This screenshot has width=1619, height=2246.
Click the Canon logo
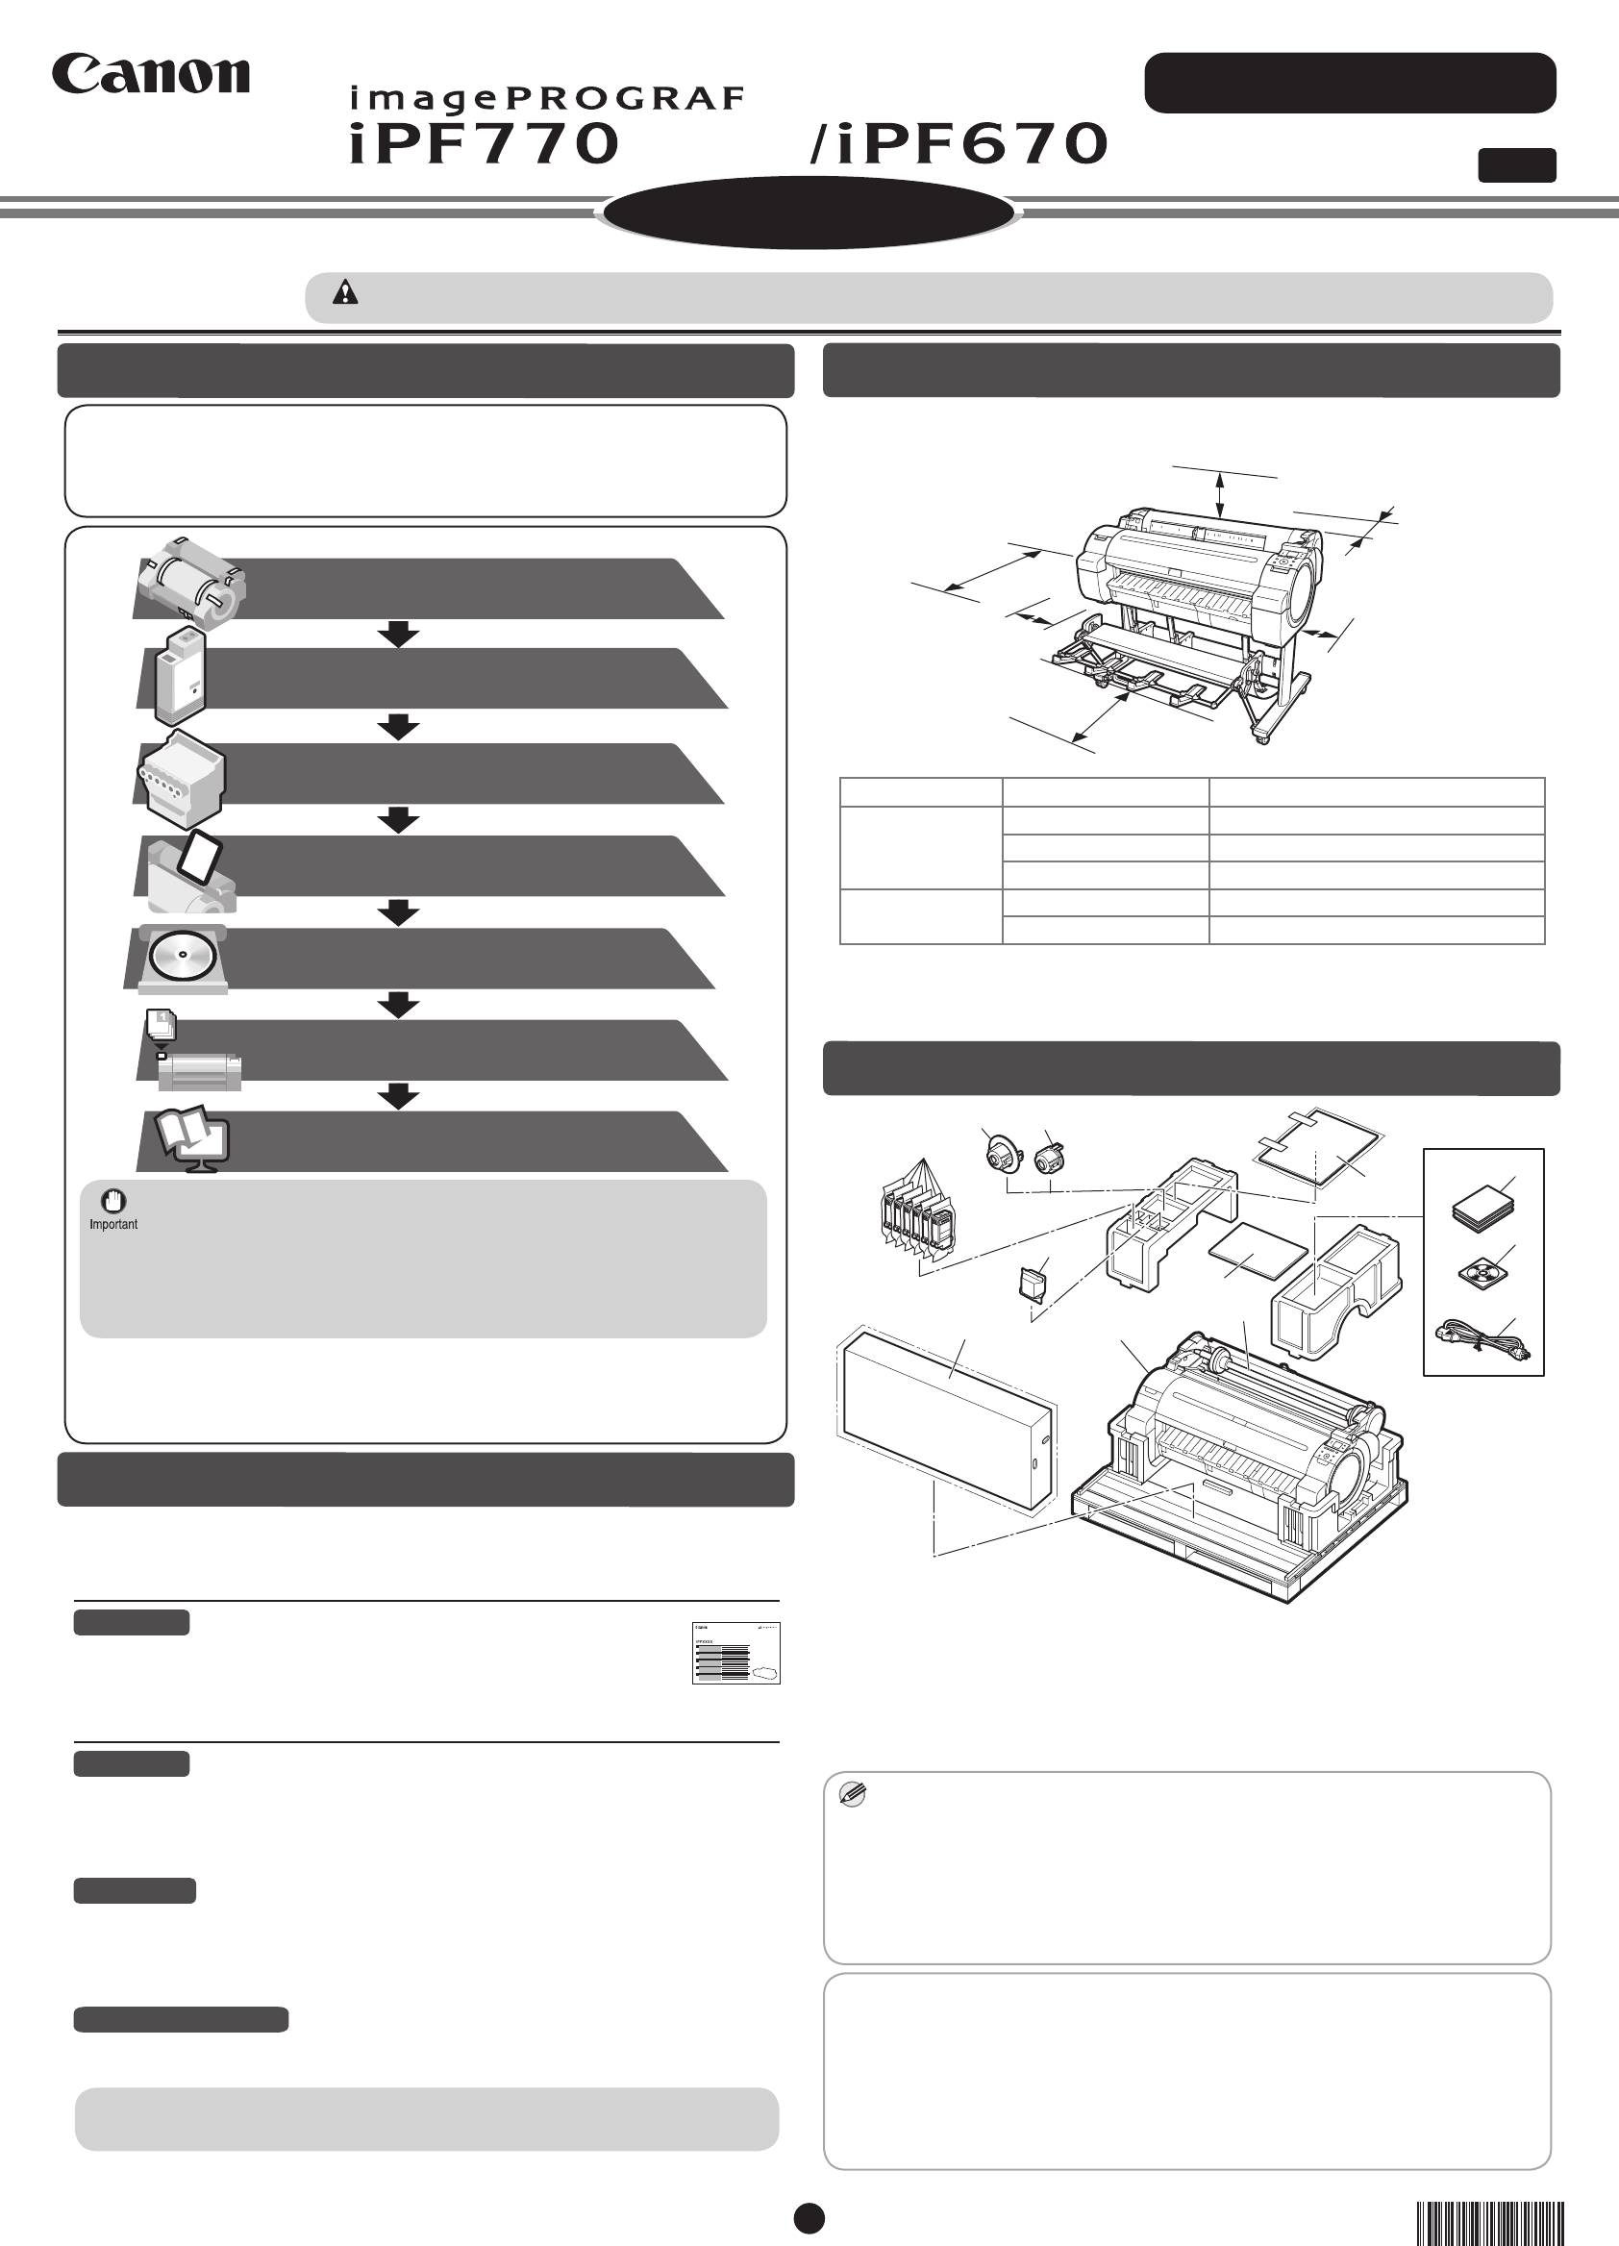pos(151,74)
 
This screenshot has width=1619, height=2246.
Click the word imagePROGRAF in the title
pos(547,99)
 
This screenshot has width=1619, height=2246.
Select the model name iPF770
pos(485,143)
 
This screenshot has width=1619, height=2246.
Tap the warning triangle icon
pos(344,292)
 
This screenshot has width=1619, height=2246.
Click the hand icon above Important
pos(113,1201)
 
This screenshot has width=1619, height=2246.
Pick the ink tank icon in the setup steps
pos(181,675)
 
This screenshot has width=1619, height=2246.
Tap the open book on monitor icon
pos(194,1141)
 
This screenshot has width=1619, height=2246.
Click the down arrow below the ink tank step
pos(398,727)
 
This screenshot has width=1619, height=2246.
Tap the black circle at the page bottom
pos(809,2218)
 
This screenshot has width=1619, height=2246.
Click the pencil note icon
pos(852,1793)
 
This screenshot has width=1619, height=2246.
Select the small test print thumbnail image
pos(735,1653)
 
